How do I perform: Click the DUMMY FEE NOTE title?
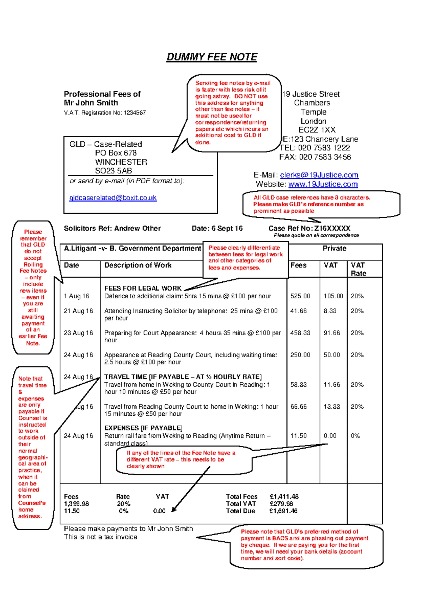[211, 57]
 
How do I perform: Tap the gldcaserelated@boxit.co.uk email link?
[113, 198]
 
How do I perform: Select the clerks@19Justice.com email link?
[319, 175]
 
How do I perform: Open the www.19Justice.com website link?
[323, 184]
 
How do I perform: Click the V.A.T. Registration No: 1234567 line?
[105, 113]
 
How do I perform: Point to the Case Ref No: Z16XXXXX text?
[309, 228]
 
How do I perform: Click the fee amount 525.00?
[300, 296]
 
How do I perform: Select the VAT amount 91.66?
[332, 333]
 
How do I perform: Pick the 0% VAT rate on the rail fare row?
[355, 436]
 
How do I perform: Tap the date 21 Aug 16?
[78, 311]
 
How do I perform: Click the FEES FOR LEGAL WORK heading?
[143, 288]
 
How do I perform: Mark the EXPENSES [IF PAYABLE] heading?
[143, 428]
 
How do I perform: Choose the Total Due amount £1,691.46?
[283, 511]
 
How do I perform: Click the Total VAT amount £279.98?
[281, 504]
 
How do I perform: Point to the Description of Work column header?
[138, 266]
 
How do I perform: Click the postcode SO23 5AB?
[114, 171]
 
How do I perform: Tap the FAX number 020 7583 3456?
[325, 157]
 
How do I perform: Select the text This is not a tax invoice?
[100, 537]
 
